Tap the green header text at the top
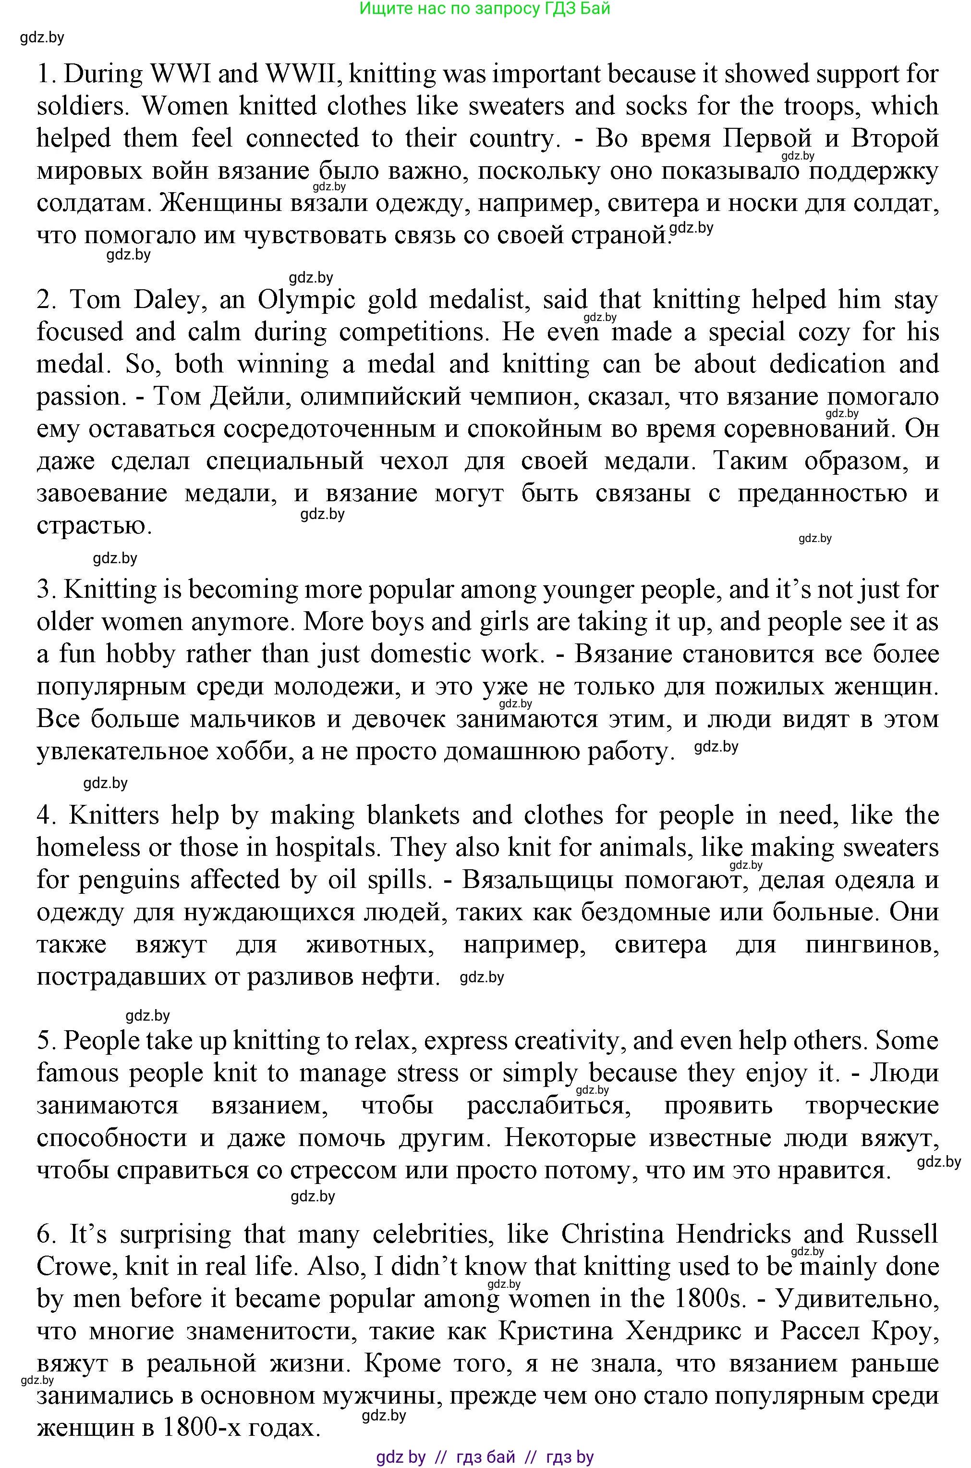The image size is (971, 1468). (x=485, y=8)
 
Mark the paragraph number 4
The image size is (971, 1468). (x=45, y=815)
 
